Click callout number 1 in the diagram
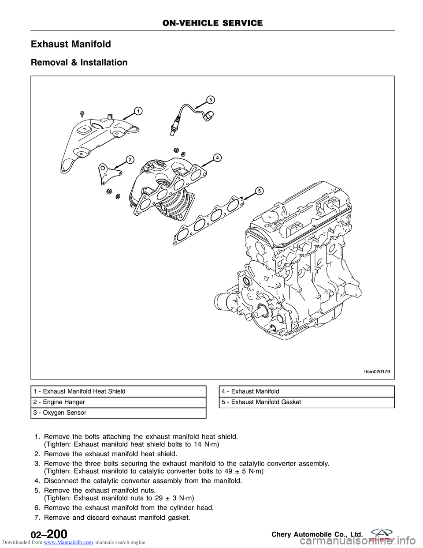[138, 111]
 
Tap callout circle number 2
[130, 160]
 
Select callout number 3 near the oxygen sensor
[211, 100]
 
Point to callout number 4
[217, 158]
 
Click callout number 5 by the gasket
[260, 191]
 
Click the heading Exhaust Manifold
[71, 44]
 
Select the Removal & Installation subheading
[79, 63]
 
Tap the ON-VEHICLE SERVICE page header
[212, 23]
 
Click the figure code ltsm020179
[377, 372]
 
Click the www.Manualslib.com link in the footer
[69, 543]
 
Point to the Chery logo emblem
[382, 534]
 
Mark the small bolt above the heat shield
[82, 114]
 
